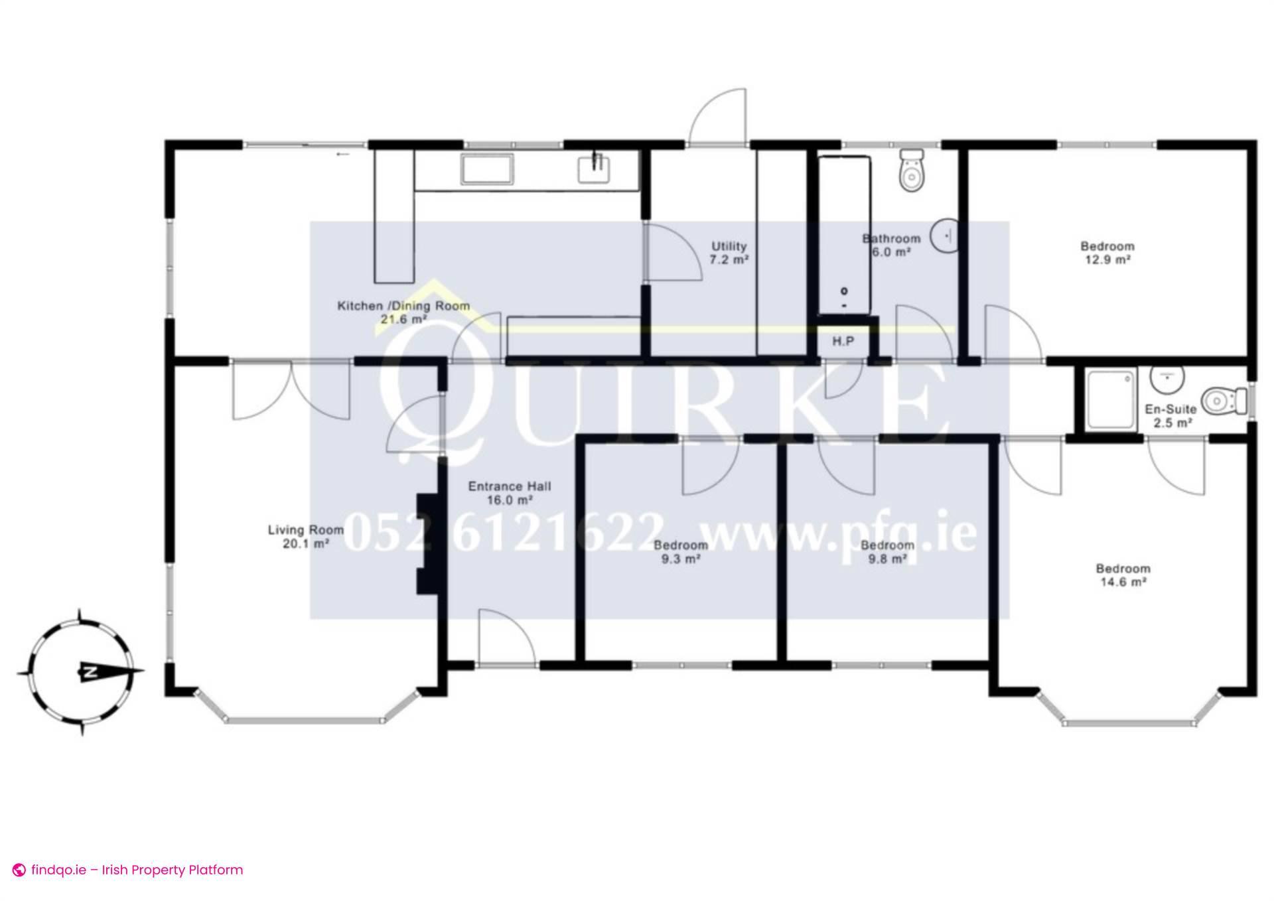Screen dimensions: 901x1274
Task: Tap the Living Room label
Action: click(306, 537)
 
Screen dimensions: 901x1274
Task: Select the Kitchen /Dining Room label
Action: click(403, 312)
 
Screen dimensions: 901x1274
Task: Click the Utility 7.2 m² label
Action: click(729, 253)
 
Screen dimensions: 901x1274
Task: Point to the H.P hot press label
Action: click(843, 342)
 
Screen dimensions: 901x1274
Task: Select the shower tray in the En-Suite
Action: click(1110, 400)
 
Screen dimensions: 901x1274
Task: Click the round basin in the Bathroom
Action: click(945, 235)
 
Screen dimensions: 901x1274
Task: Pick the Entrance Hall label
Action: click(510, 493)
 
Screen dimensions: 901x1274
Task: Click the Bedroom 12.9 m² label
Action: click(1107, 253)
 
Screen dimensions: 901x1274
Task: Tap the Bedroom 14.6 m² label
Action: click(1123, 575)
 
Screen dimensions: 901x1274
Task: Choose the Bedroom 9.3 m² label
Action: click(681, 552)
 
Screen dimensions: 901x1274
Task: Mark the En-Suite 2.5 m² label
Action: click(1171, 416)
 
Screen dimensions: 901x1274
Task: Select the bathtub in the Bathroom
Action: click(843, 235)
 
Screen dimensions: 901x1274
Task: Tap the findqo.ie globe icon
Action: click(20, 870)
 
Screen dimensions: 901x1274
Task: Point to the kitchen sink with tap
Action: click(594, 169)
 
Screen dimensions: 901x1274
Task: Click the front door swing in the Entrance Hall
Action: click(504, 638)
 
